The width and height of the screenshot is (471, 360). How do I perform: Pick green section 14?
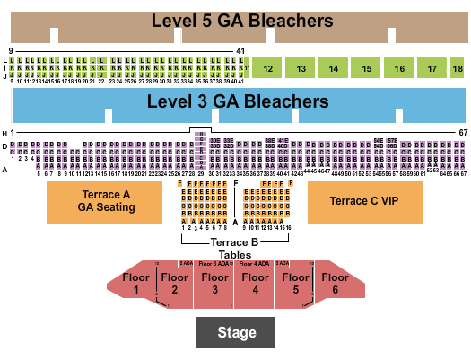point(333,68)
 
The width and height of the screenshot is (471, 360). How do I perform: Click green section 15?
point(366,68)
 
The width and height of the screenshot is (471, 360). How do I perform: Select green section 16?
point(399,68)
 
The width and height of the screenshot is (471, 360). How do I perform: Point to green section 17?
point(432,68)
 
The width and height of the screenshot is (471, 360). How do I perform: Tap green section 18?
point(458,68)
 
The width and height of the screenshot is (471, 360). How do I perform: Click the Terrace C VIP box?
point(364,202)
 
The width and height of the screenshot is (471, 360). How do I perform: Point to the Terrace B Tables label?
point(235,248)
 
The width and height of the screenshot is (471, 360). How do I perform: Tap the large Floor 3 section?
point(214,285)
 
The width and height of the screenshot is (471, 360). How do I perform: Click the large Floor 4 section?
point(255,285)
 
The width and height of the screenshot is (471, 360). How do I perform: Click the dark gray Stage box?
point(237,333)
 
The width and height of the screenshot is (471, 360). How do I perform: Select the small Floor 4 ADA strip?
point(254,263)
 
